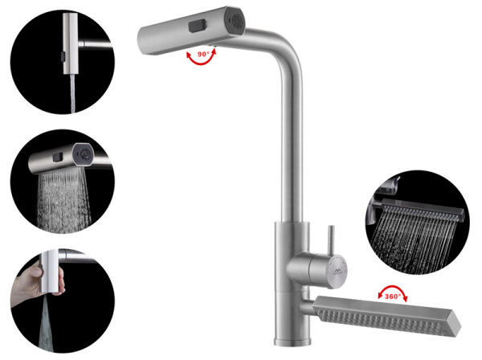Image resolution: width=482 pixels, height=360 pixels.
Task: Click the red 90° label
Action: (x=203, y=54)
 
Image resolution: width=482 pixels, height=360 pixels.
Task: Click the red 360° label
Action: (x=393, y=296)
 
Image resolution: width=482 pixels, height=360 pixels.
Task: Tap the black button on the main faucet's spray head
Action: (x=197, y=26)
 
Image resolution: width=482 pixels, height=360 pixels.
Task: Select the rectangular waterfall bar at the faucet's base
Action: (x=386, y=316)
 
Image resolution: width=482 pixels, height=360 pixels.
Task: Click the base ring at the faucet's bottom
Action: (x=292, y=342)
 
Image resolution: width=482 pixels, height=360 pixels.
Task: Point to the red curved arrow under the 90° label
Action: (x=201, y=59)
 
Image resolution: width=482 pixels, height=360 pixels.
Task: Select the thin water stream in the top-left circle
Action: (x=72, y=93)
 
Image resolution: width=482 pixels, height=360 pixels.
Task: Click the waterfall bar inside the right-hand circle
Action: (x=423, y=209)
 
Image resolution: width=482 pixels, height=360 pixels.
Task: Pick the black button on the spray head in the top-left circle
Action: (x=63, y=56)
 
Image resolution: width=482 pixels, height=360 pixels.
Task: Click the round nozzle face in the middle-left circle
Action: (x=84, y=153)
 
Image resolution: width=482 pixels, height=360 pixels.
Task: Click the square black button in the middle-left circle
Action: (x=58, y=157)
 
